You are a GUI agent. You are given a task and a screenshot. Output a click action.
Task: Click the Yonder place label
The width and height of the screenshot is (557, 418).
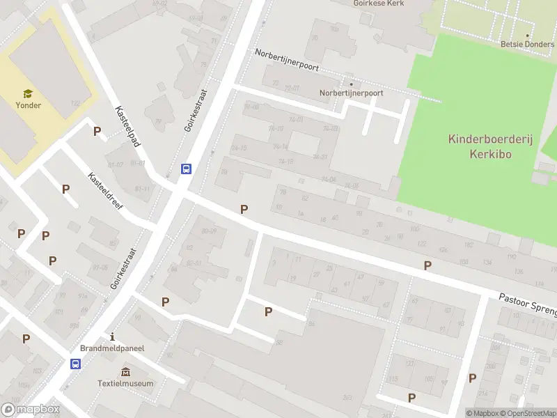pyautogui.click(x=29, y=105)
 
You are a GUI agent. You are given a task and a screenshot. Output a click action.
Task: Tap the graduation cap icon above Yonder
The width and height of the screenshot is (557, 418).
pyautogui.click(x=29, y=93)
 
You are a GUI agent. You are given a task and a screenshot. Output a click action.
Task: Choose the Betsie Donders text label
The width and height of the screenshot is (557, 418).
pyautogui.click(x=527, y=43)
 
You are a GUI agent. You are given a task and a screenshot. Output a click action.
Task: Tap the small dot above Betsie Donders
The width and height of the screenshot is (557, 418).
pyautogui.click(x=527, y=34)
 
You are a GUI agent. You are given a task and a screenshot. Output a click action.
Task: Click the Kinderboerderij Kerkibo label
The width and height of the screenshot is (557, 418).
pyautogui.click(x=490, y=146)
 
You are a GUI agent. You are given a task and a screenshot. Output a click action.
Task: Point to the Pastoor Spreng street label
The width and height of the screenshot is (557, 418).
pyautogui.click(x=527, y=302)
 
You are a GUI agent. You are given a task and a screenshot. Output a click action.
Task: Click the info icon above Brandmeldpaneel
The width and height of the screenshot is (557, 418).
pyautogui.click(x=111, y=336)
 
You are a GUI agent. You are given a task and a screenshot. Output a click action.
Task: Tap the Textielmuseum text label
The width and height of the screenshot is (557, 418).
pyautogui.click(x=125, y=383)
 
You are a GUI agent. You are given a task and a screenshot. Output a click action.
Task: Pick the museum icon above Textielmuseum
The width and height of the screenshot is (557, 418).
pyautogui.click(x=125, y=371)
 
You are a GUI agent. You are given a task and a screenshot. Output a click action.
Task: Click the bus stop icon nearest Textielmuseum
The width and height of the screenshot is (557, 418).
pyautogui.click(x=75, y=363)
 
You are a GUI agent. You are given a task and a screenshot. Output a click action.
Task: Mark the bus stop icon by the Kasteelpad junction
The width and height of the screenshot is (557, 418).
pyautogui.click(x=186, y=169)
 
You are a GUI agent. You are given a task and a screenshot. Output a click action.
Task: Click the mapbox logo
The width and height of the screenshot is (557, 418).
pyautogui.click(x=31, y=410)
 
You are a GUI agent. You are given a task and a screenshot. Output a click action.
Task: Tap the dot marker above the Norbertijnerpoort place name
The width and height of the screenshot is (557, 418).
pyautogui.click(x=351, y=83)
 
